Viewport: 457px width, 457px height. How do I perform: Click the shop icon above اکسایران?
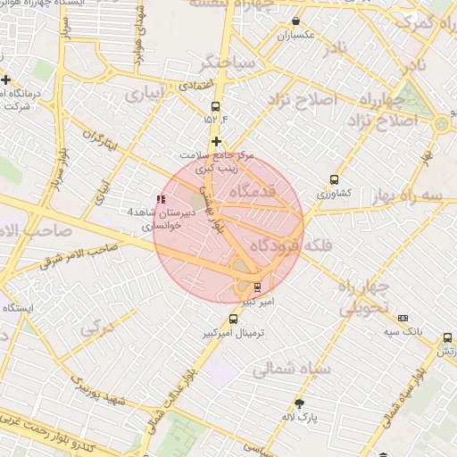point(295,21)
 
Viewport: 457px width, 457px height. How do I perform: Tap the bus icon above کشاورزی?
point(335,179)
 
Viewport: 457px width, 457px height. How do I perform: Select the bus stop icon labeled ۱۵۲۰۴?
point(214,106)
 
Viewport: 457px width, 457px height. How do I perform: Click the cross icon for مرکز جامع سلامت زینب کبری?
point(216,141)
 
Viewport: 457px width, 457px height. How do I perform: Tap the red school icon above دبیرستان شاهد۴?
point(161,199)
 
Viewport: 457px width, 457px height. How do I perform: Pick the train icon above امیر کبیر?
point(258,287)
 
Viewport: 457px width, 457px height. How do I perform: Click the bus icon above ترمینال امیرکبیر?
point(234,319)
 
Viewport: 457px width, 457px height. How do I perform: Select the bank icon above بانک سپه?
point(403,319)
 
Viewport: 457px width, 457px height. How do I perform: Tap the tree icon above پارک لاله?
point(299,403)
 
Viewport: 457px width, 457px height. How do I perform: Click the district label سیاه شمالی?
point(293,368)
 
